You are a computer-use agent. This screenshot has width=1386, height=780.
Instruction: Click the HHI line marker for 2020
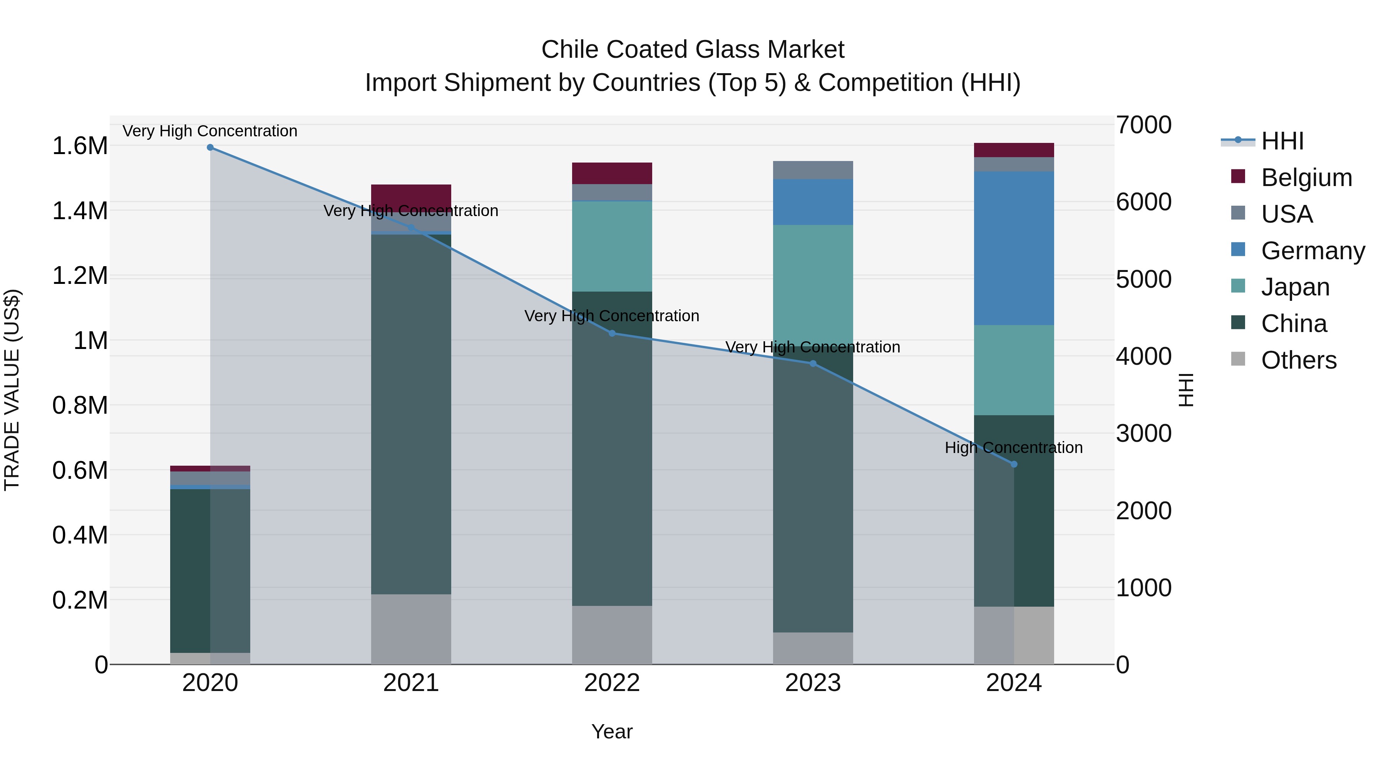point(210,148)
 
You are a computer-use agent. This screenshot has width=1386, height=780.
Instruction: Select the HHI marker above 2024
point(1014,464)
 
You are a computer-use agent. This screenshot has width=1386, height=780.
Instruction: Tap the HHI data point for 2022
point(612,333)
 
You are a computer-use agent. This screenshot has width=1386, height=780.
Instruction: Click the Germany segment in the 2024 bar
point(1014,248)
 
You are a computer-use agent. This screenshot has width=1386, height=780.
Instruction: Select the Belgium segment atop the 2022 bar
point(612,173)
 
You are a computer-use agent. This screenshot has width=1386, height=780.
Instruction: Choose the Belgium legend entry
point(1306,178)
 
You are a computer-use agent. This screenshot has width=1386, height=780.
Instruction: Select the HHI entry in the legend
point(1282,141)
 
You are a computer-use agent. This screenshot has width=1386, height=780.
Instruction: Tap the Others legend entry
point(1298,360)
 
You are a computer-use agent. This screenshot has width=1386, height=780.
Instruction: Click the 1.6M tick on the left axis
point(80,146)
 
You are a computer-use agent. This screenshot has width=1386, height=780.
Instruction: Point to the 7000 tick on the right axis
point(1143,125)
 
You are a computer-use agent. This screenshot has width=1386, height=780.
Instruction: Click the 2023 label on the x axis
point(813,683)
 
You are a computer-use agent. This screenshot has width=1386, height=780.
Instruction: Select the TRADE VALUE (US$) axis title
point(12,390)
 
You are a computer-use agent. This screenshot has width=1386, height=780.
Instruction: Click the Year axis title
point(612,731)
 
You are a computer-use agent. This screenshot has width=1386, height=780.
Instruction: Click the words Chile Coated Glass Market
point(693,50)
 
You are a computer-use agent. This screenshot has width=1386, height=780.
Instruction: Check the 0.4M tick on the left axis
point(80,535)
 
